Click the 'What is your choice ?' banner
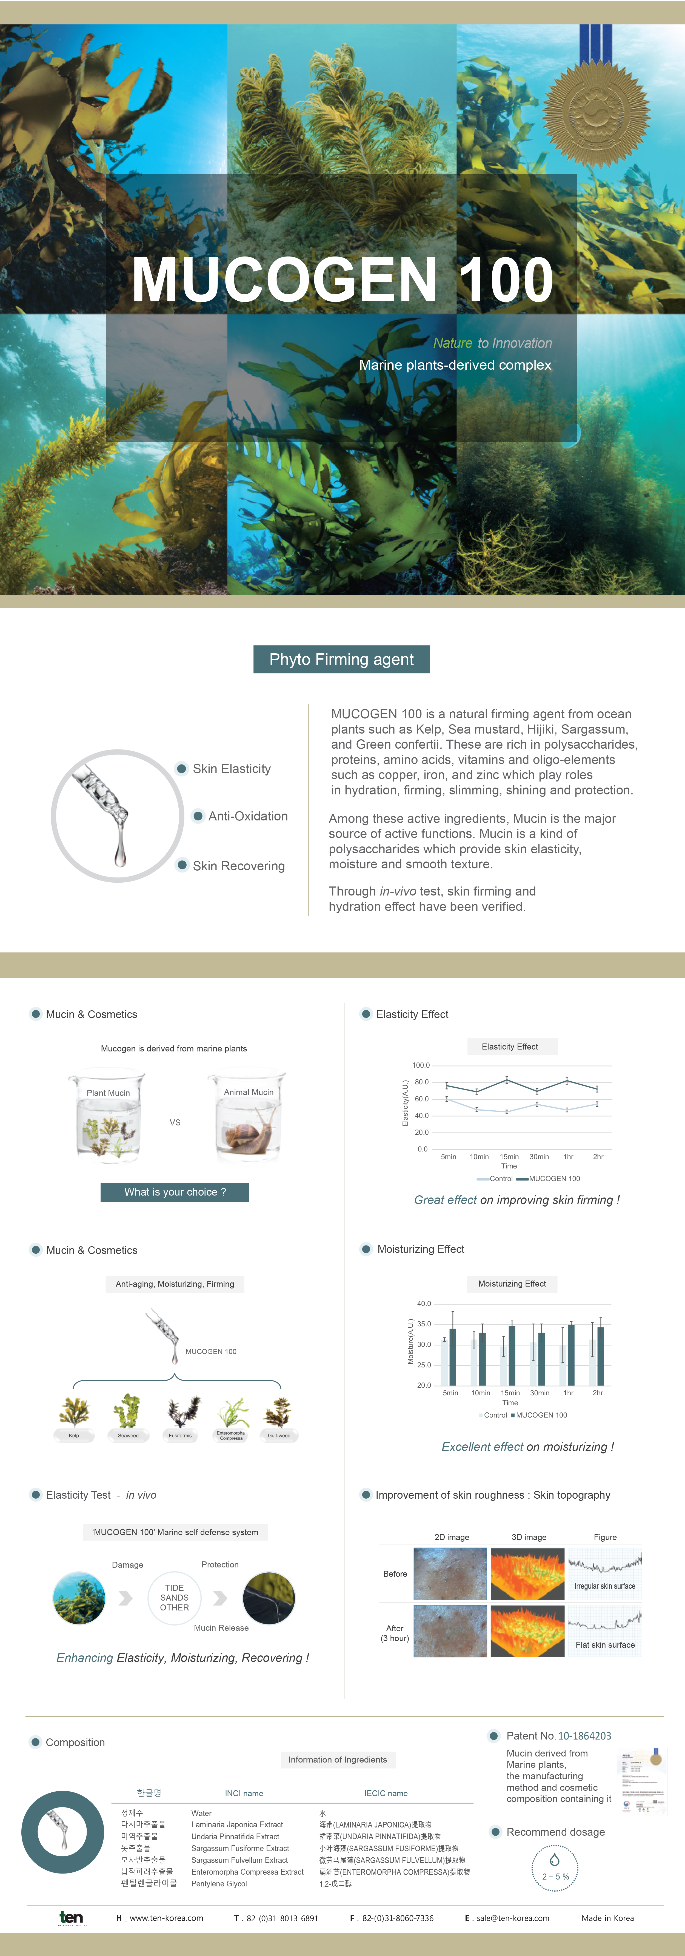175,1192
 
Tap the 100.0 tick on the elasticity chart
421,1065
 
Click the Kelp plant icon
74,1414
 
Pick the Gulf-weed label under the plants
279,1436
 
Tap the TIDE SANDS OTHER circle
175,1598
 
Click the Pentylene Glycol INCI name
219,1884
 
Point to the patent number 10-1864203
585,1736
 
